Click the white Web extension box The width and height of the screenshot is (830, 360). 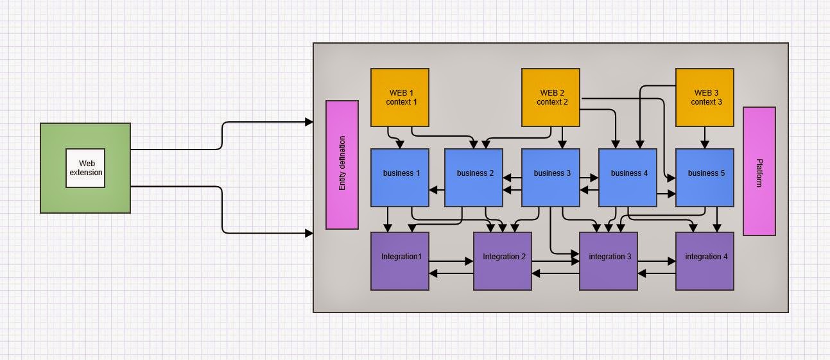(85, 168)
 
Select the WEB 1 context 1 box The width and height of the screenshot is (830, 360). (400, 98)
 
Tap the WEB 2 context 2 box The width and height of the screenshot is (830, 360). (551, 98)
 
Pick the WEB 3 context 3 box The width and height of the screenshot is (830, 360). (705, 98)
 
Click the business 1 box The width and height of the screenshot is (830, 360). (400, 178)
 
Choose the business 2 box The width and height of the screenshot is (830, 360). (474, 178)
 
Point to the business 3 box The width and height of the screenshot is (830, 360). (551, 178)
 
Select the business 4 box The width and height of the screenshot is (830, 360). (628, 178)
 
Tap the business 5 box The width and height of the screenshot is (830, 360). (705, 178)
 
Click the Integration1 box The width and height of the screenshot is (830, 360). (400, 261)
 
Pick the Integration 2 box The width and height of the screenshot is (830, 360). (503, 261)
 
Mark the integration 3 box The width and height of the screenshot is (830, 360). (609, 261)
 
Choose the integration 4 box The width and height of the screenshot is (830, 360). (705, 261)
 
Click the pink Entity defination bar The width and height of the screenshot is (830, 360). (342, 165)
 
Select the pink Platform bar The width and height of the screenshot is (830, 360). (759, 171)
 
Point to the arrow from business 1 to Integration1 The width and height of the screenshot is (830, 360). (388, 219)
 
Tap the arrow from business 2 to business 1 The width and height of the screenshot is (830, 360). (437, 189)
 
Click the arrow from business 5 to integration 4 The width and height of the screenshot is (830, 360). (718, 219)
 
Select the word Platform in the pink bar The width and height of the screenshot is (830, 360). (759, 172)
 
